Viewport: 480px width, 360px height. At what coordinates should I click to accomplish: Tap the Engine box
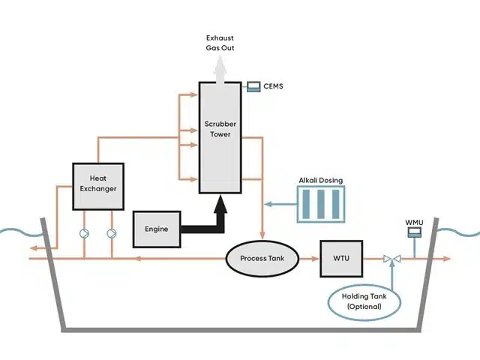[157, 228]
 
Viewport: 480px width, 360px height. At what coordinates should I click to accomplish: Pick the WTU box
[341, 259]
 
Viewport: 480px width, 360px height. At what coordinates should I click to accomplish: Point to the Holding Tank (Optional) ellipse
[366, 301]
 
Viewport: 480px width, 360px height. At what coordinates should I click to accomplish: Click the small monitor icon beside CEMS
[253, 86]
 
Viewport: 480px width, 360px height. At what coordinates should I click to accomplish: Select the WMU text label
[415, 222]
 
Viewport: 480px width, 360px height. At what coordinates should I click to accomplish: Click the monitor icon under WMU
[413, 234]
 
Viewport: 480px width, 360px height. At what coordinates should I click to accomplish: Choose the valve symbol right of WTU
[391, 259]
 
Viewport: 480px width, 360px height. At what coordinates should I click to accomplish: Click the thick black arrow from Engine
[220, 214]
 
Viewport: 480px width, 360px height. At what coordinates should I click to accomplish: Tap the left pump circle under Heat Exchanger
[85, 232]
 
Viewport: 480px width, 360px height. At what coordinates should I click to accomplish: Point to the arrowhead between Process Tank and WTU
[310, 259]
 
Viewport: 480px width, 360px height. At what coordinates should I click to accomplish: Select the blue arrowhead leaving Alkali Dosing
[266, 204]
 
